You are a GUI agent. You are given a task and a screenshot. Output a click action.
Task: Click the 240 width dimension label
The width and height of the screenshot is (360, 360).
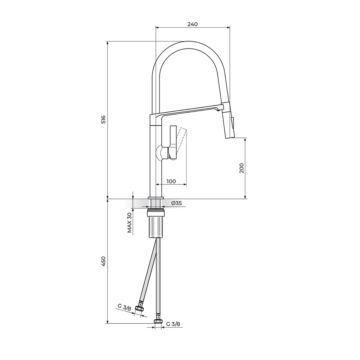click(x=192, y=24)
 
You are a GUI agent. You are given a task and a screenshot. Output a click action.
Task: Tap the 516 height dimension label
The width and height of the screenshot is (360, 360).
click(x=104, y=120)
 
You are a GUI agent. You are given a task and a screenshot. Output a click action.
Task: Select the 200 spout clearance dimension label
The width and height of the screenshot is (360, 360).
click(x=242, y=168)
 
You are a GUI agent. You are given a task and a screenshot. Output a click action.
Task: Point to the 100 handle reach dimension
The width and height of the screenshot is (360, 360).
click(x=171, y=181)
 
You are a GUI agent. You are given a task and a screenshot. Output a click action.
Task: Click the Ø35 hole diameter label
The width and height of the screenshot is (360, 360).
click(x=176, y=203)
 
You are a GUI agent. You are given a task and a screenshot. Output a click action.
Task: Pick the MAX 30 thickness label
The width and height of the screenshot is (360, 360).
click(x=130, y=222)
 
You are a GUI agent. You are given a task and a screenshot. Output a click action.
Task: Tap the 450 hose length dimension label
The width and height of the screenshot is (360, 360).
click(x=104, y=261)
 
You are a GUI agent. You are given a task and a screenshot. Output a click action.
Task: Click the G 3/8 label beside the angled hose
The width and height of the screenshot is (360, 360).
click(x=124, y=307)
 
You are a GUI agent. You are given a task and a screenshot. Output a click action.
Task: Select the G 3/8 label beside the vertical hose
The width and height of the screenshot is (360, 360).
click(x=173, y=324)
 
